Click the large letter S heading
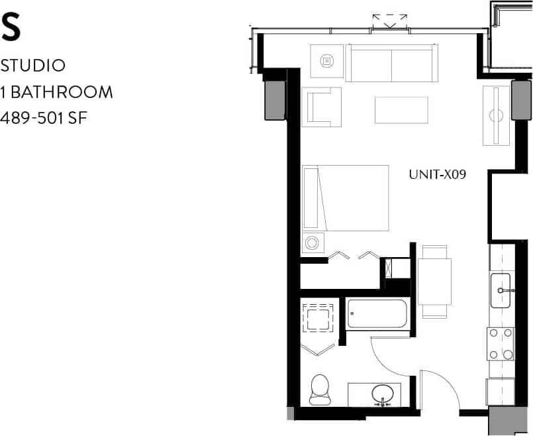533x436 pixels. (x=12, y=27)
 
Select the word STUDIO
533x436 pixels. (x=33, y=66)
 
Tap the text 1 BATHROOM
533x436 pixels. (x=57, y=92)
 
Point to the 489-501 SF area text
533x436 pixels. (x=45, y=118)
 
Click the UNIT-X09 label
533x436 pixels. (x=438, y=175)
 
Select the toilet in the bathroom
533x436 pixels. (x=320, y=389)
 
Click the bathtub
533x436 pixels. (x=377, y=314)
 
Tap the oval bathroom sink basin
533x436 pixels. (x=383, y=394)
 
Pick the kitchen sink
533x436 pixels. (x=501, y=290)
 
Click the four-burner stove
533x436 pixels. (x=501, y=343)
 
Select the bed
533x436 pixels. (x=345, y=197)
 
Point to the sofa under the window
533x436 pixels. (x=391, y=63)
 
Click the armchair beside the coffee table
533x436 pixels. (x=322, y=107)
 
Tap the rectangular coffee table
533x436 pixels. (x=401, y=110)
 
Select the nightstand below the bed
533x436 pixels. (x=313, y=243)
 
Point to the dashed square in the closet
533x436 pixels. (x=320, y=318)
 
